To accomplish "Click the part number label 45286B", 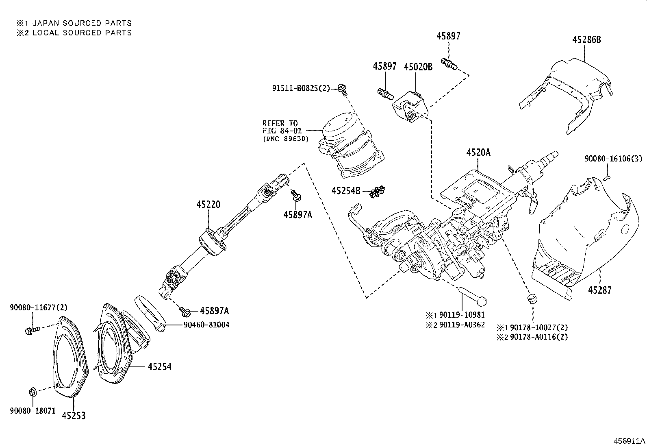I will (x=586, y=40).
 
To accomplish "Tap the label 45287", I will (x=599, y=290).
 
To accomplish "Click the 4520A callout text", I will (x=478, y=153).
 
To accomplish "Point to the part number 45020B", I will (x=418, y=67).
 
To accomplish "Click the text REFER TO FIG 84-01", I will (x=280, y=127).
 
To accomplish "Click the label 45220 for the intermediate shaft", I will (x=208, y=204).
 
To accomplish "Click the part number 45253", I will (x=74, y=416).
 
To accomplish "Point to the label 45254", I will (x=159, y=366).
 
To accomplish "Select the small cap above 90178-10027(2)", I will (x=531, y=299).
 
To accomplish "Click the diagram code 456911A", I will (x=629, y=441).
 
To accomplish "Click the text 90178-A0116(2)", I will (x=538, y=337).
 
